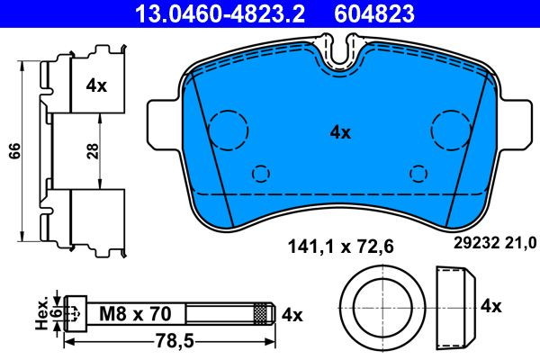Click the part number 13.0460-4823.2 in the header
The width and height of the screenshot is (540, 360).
220,13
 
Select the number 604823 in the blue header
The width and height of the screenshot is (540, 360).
374,13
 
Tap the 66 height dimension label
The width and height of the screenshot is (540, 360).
15,151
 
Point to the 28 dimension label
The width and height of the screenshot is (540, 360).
93,151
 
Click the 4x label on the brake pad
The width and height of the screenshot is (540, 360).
340,132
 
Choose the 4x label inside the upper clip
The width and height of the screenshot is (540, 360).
96,85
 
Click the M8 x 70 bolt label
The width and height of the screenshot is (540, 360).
135,314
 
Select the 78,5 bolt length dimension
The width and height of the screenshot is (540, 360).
175,341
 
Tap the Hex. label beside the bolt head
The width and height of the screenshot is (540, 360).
42,313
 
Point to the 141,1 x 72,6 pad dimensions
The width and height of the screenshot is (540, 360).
340,247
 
